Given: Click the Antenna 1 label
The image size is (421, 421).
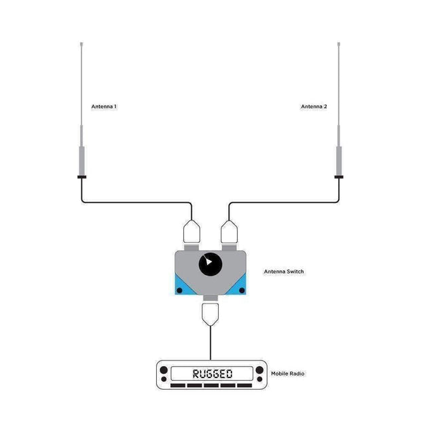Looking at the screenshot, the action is pos(104,107).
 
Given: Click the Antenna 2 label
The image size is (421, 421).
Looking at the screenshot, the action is pos(314,107).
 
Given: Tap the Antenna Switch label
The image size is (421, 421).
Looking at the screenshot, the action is pos(284,272).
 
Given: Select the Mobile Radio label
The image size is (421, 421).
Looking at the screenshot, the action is pos(287,373).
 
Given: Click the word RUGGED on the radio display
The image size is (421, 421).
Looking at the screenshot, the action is pos(213,373).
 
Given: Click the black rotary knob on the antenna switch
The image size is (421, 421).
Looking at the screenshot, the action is pos(210,264).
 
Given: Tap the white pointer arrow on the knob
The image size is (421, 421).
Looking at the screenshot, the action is pos(208,261).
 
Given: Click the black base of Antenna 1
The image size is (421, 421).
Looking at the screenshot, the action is pos(81,177).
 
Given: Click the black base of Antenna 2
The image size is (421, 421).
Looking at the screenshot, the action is pos(339,177).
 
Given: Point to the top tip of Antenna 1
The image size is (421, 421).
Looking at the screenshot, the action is pos(81,42).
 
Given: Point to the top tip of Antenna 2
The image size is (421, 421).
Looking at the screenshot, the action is pos(339,42).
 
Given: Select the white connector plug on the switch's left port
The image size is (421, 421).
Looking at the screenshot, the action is pos(191,232).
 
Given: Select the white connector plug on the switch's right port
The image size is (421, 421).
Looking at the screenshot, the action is pos(229,232).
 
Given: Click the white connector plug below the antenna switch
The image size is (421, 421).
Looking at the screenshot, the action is pos(210,314).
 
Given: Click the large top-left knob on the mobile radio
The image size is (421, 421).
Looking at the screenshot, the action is pos(164,370).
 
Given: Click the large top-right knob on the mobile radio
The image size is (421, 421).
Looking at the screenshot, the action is pos(259,370).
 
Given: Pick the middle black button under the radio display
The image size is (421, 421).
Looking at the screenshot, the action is pos(211,386).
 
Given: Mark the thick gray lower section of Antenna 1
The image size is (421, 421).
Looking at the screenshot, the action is pos(81,160).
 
